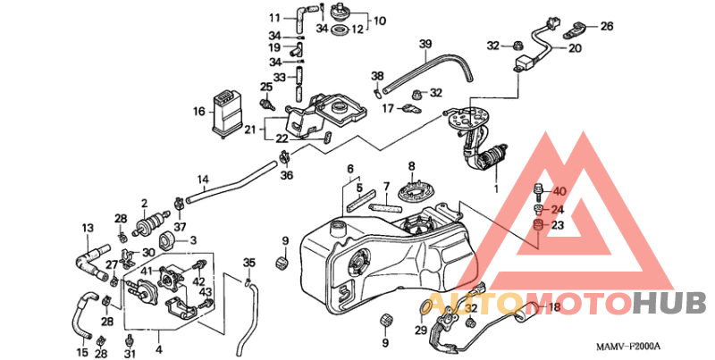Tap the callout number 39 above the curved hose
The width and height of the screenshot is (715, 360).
pos(425,44)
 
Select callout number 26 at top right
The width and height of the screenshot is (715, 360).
pos(607,26)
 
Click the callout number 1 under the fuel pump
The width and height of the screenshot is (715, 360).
pos(494,189)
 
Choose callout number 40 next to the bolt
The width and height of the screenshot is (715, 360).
pos(559,192)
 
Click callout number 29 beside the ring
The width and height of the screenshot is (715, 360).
pos(420,331)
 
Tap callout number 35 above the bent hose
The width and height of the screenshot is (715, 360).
pos(249,262)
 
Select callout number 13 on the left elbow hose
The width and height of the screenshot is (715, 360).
pos(88,228)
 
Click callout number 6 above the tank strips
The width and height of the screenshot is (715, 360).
pos(351,168)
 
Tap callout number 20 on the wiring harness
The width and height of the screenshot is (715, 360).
pos(575,48)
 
